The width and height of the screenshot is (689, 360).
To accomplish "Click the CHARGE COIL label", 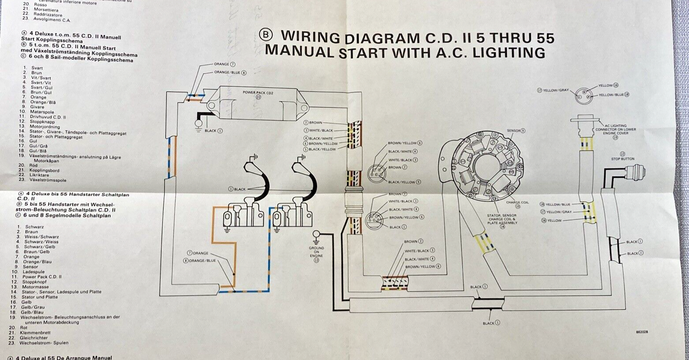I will pyautogui.click(x=518, y=202).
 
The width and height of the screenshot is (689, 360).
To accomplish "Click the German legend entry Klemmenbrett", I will pyautogui.click(x=39, y=333).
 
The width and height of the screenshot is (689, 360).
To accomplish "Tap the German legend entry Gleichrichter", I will pyautogui.click(x=39, y=338).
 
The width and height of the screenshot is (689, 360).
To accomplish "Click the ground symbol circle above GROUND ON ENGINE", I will pyautogui.click(x=316, y=234).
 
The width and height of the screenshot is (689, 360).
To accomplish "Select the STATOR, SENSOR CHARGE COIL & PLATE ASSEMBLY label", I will pyautogui.click(x=502, y=219).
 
